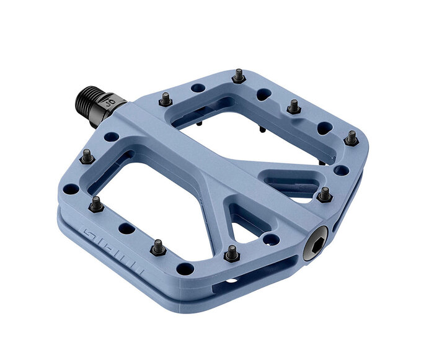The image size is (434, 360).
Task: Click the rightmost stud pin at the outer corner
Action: coord(352,137)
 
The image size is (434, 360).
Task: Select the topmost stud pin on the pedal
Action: coord(237,76)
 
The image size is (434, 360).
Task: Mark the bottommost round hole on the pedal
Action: coord(185,269)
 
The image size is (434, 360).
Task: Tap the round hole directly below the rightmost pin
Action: coord(340,169)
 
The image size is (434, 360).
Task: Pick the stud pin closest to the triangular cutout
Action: coord(231,253)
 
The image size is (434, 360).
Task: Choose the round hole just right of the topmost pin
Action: coord(265,94)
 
